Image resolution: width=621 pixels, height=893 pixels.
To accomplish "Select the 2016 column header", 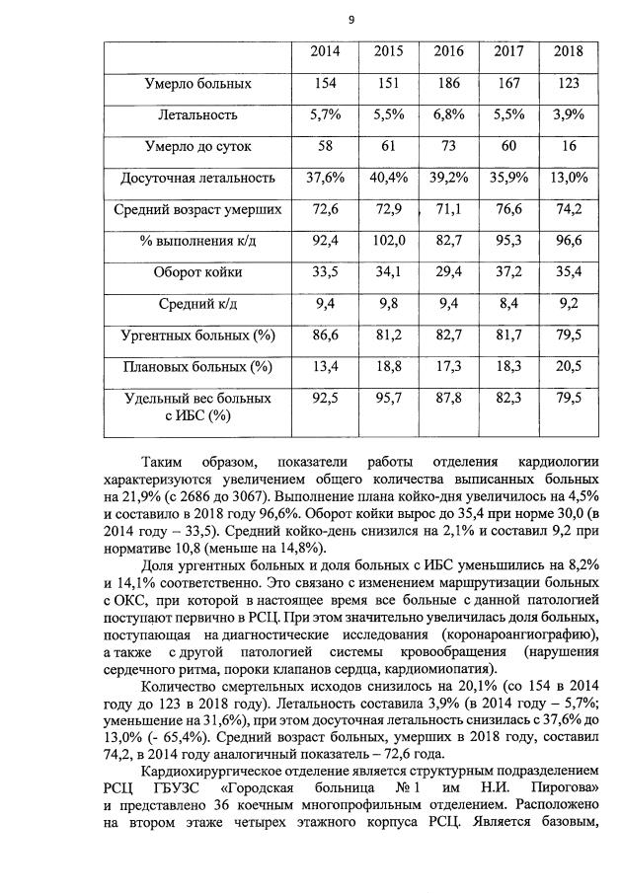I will click(449, 51).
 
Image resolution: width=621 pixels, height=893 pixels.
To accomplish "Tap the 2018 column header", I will click(568, 51).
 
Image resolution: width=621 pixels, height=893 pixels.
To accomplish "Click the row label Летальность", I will click(192, 115).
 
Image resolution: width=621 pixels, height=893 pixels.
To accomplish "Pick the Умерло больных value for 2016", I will click(449, 84).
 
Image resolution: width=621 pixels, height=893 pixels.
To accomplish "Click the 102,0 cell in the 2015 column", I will click(388, 240).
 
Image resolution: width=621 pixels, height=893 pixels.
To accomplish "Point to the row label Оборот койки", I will click(192, 272).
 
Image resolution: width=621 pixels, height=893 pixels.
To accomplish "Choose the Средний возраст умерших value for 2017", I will click(508, 209).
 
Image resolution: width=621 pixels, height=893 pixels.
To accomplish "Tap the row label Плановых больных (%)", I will click(192, 367).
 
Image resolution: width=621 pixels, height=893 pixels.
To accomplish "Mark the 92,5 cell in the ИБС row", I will click(326, 398).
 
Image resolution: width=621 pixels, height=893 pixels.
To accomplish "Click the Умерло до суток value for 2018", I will click(568, 146).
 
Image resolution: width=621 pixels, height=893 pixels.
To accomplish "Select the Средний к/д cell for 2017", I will click(508, 304).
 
